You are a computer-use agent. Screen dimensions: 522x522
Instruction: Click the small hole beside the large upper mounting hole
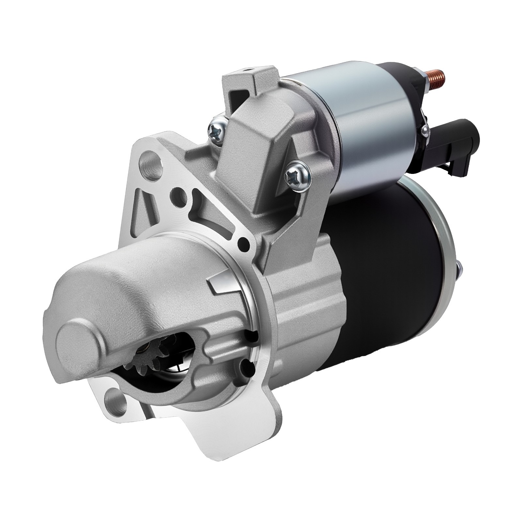(x=179, y=194)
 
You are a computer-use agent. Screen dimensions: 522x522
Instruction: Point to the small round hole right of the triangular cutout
(x=242, y=242)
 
